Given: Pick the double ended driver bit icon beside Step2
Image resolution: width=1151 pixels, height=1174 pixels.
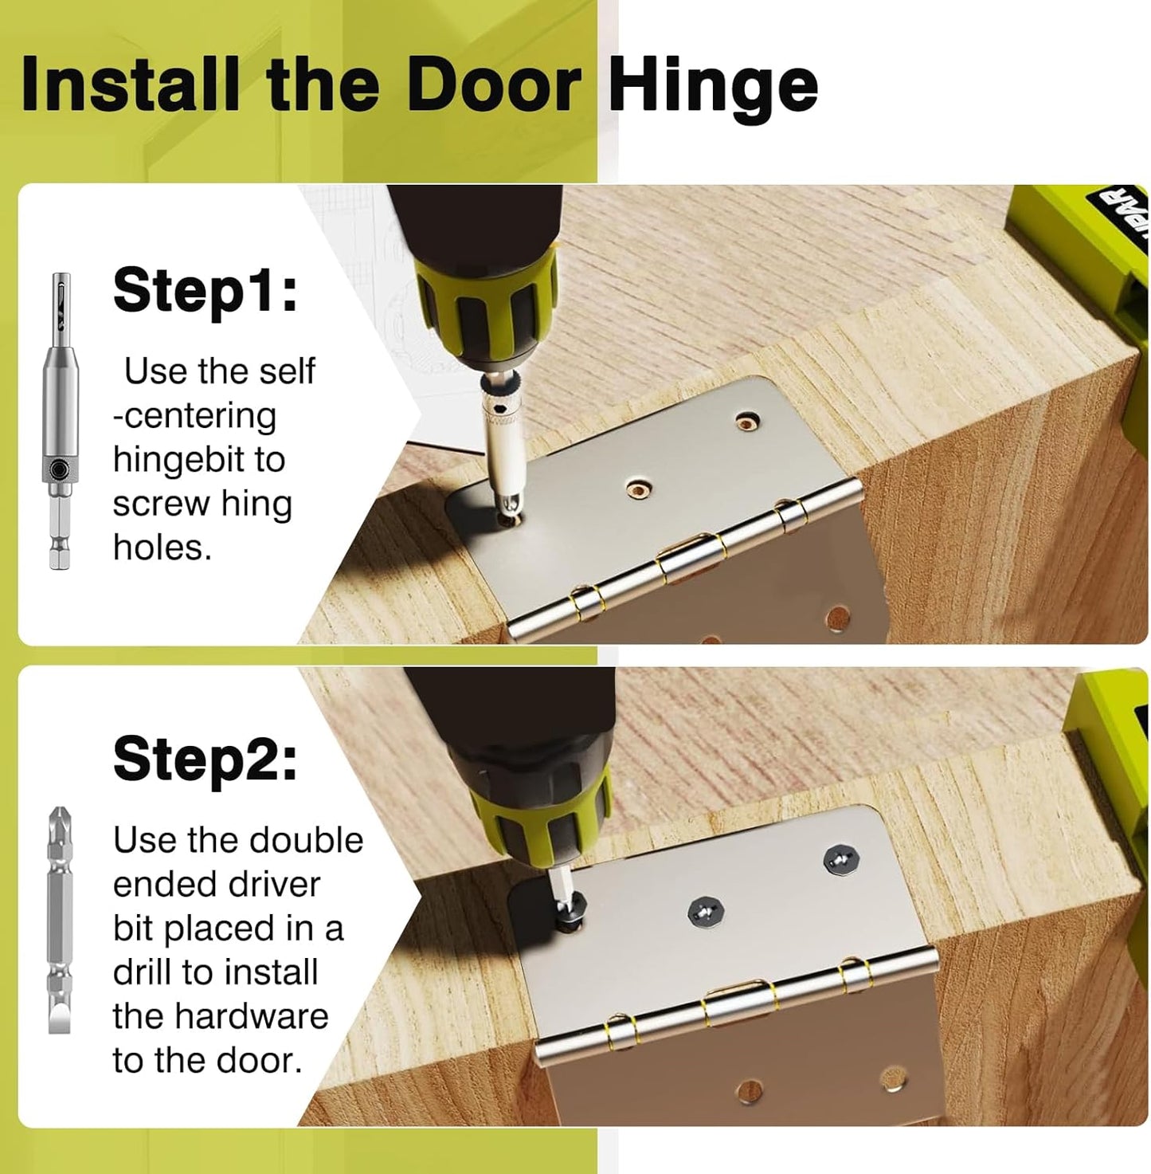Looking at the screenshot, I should point(59,920).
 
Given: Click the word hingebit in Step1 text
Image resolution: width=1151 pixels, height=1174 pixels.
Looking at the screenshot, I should point(198,459).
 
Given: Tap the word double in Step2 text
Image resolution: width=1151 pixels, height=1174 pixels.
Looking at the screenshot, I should point(307,840).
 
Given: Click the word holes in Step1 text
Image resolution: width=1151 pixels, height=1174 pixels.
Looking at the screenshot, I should point(162,548).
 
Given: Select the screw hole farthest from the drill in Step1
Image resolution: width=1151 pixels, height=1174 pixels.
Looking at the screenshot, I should point(747,420).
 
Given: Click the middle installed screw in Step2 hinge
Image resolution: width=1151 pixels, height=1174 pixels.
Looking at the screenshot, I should point(703,909).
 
